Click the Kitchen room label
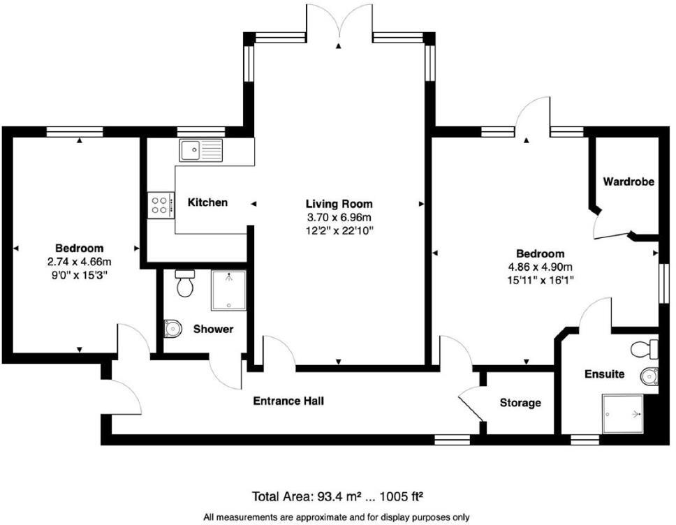tap(207, 202)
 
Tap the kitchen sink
tap(200, 150)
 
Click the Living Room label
tap(339, 204)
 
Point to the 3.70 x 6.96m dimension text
tap(339, 217)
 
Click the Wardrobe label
tap(629, 182)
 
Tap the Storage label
tap(520, 403)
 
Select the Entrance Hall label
tap(288, 401)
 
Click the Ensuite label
tap(604, 374)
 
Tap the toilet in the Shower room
tap(185, 284)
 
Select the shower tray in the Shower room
tap(228, 290)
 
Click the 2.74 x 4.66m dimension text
tap(79, 262)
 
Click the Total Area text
tap(339, 496)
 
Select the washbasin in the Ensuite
tap(649, 376)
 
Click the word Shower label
tap(213, 329)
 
